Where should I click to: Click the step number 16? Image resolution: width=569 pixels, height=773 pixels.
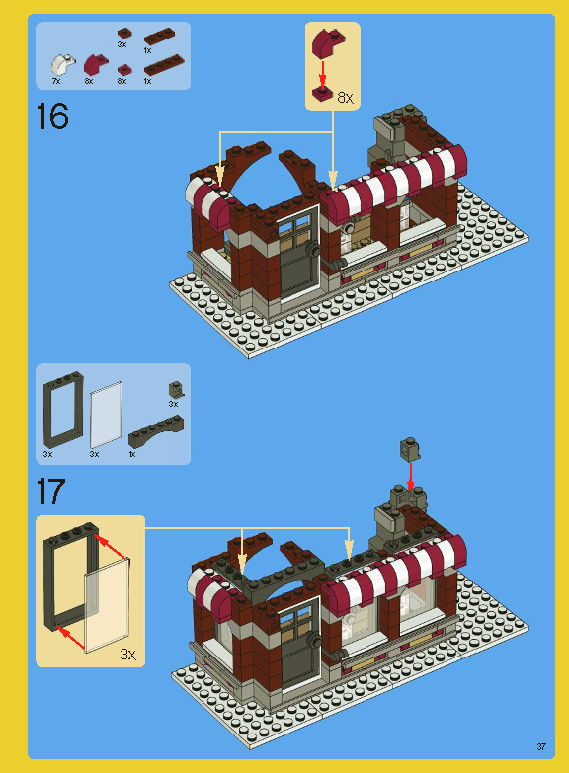coord(52,116)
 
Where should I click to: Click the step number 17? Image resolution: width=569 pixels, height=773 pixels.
coord(52,491)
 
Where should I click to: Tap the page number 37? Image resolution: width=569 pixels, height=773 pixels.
coord(541,745)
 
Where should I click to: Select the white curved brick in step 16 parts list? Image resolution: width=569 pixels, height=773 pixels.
coord(62,65)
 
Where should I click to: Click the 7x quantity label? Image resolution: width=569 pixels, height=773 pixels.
coord(56,81)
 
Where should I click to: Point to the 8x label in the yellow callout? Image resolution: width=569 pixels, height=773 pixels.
coord(345,98)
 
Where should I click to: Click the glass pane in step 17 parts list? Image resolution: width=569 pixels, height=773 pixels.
coord(106,415)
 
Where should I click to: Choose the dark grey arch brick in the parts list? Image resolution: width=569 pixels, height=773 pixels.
coord(158,428)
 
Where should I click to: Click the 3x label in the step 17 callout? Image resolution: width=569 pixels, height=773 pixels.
coord(127,654)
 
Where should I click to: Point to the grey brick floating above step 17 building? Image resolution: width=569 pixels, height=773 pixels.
coord(407,449)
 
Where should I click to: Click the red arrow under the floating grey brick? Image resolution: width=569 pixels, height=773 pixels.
coord(410,475)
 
